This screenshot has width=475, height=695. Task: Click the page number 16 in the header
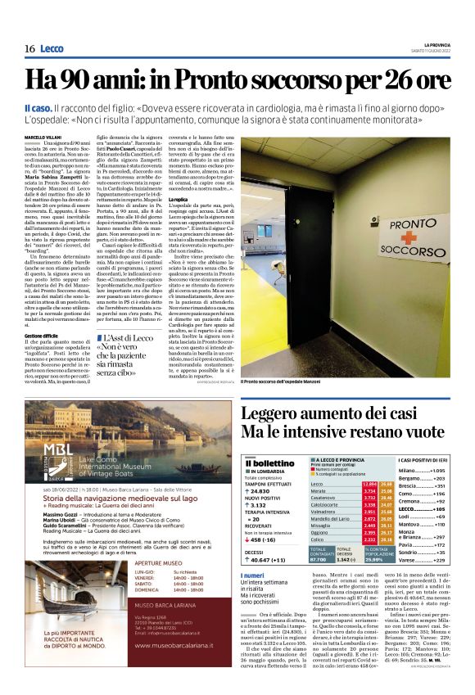29,50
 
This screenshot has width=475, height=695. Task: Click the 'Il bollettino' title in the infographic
268,463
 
